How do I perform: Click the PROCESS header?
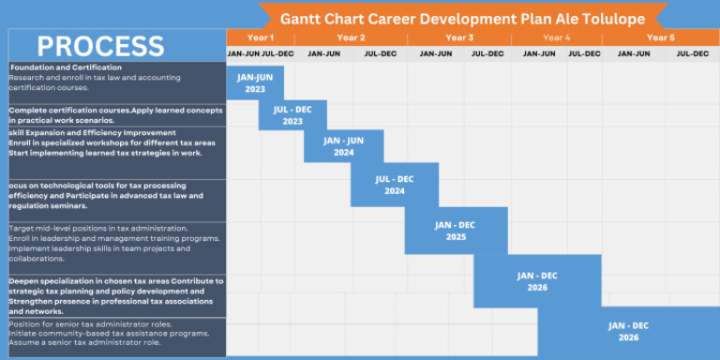[x=101, y=46]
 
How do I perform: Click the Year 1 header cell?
[x=260, y=37]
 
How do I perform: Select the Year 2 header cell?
[x=351, y=37]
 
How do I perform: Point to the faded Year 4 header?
[x=556, y=37]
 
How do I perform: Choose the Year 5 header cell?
[x=659, y=37]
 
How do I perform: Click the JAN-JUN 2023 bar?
[x=255, y=82]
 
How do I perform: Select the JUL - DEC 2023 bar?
[x=292, y=115]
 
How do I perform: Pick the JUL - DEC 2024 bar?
[x=395, y=185]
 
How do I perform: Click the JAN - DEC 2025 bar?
[x=456, y=231]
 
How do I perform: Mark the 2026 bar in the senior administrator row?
[x=628, y=331]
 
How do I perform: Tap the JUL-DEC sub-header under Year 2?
[x=381, y=53]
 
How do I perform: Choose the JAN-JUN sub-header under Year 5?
[x=633, y=53]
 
